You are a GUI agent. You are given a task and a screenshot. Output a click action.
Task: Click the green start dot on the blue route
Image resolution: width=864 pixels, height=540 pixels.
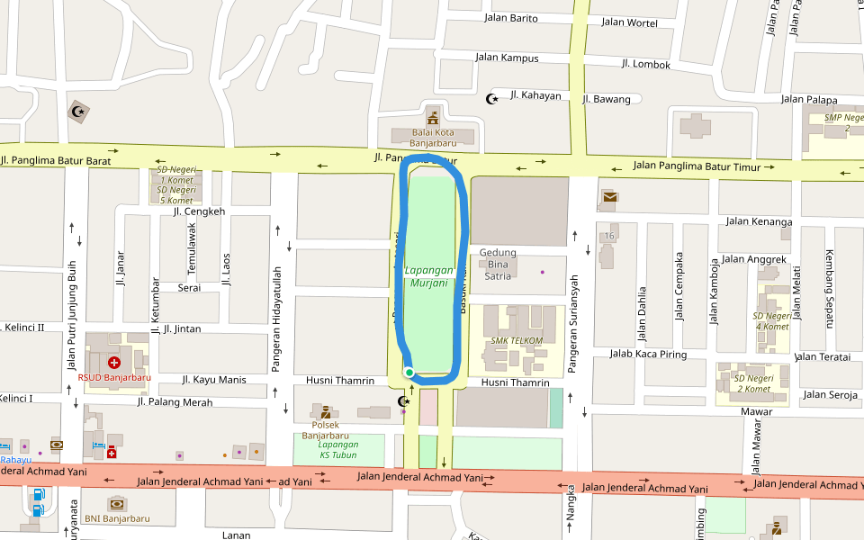coord(409,373)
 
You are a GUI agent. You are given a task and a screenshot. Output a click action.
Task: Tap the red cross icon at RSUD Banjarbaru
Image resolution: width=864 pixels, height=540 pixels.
coord(114,363)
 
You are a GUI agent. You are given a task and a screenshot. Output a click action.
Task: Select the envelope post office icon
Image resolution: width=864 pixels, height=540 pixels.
coord(610,196)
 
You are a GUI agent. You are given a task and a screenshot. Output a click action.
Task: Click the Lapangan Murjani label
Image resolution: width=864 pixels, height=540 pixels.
coord(428,276)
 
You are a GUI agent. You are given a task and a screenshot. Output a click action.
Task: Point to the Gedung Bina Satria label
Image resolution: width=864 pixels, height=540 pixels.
coord(498,264)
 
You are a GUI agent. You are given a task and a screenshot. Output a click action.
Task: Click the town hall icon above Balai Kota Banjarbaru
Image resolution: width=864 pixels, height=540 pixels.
coord(433,118)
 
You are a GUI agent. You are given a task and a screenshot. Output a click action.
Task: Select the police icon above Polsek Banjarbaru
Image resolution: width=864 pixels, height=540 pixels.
coord(325,411)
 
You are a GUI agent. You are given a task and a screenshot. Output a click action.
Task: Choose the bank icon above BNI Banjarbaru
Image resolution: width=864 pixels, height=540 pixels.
coord(116,504)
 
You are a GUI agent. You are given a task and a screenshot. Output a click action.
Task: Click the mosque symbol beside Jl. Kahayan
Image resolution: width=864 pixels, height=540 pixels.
coord(492,98)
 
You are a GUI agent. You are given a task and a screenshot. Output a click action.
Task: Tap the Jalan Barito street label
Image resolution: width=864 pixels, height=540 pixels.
coord(510,18)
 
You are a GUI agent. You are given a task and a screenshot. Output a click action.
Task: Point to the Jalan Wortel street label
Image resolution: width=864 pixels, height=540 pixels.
coord(629,22)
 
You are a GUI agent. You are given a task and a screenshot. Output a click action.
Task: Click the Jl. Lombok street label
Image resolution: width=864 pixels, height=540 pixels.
coord(645,64)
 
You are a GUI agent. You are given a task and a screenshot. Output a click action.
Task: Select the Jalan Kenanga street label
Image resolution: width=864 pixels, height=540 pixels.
coord(759,221)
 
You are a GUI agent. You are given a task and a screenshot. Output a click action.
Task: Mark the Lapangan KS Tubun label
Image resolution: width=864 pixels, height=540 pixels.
coord(338,449)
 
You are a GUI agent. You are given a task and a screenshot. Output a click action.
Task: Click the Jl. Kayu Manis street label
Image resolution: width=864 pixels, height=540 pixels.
coord(213,380)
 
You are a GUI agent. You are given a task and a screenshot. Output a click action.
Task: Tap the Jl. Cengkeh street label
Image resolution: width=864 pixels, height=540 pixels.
coord(199,211)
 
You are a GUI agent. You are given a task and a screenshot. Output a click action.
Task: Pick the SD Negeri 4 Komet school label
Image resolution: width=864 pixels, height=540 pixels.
coord(773,321)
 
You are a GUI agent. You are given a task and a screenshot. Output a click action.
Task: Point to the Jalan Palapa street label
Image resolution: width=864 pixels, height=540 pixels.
coord(809,99)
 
